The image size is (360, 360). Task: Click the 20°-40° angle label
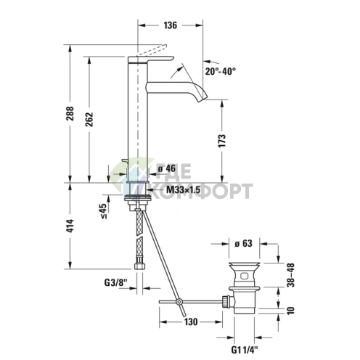220,71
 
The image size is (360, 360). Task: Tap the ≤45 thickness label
104,210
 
